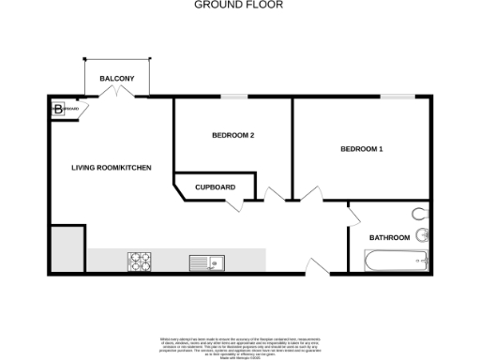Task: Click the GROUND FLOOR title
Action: pos(238,5)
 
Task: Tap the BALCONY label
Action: pos(117,78)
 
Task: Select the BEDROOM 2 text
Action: pos(233,136)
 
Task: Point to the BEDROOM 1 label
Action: pos(362,149)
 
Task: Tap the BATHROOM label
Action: pos(389,238)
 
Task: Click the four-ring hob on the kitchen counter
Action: pos(141,262)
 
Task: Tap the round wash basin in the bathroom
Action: pos(423,235)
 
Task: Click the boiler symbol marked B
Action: pos(59,109)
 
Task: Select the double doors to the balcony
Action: pos(116,92)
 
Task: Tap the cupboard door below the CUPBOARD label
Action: pos(247,203)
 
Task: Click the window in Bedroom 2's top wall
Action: pos(233,96)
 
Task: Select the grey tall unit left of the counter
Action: pos(67,249)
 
